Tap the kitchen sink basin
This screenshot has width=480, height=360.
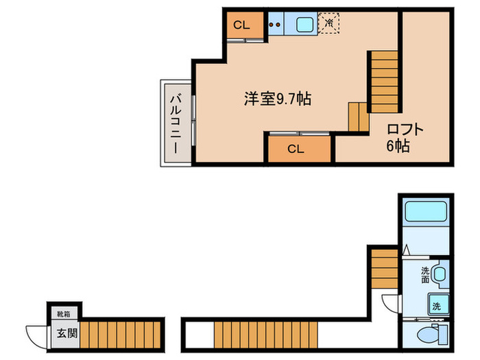tap(304, 25)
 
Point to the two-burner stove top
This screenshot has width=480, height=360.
tap(276, 25)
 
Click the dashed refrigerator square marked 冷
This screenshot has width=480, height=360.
tap(330, 23)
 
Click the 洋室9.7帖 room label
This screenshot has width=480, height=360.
tap(277, 99)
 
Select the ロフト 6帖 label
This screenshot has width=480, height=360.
tap(405, 137)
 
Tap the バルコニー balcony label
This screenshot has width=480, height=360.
tap(176, 123)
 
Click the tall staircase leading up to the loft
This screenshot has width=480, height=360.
tap(385, 82)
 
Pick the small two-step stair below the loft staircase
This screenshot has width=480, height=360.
tap(358, 116)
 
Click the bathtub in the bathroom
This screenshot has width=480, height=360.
tap(425, 213)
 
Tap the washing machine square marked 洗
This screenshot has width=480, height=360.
tap(437, 305)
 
